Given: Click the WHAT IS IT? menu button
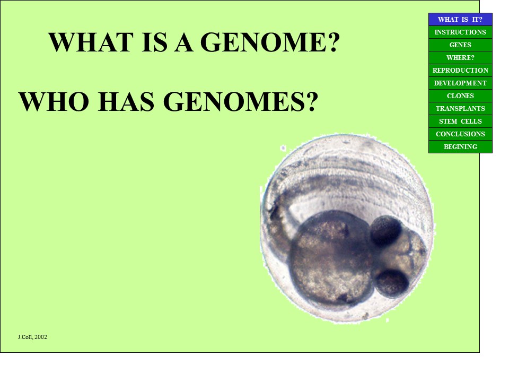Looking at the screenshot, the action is pos(460,20).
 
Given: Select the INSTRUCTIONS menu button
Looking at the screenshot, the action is pos(460,32).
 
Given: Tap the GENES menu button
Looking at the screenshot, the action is pos(460,45).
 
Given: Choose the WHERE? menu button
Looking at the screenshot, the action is pos(460,57).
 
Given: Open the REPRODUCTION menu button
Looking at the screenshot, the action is pos(460,70).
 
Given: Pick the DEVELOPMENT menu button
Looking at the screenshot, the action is pos(460,83).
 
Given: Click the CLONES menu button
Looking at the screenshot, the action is pos(460,96).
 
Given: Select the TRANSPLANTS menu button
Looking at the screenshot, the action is pos(460,108).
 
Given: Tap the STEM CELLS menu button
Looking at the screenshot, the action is pos(460,121).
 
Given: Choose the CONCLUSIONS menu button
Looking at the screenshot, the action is pos(460,134).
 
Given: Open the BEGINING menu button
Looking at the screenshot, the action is pos(460,146).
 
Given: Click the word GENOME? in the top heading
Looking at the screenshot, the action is pos(270,42).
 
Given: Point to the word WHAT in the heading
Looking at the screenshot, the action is pos(91,42).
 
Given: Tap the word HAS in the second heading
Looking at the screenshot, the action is pos(126,101).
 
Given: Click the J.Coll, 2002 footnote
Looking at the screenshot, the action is pos(32,337).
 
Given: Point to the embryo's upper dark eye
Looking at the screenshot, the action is pos(385,231).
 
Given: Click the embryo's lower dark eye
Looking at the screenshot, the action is pos(391,283).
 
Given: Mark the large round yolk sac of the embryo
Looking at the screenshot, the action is pos(330,258).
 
